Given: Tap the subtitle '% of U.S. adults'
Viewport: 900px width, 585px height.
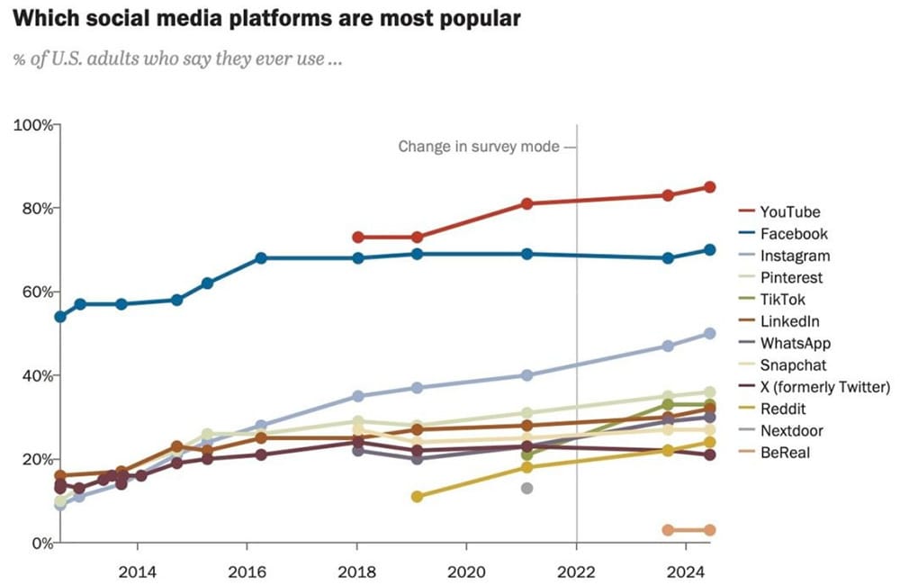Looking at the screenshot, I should [x=178, y=60].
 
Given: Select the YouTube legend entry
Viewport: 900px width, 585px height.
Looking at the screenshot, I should [x=789, y=212].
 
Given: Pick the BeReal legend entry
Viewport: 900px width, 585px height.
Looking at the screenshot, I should [x=784, y=453].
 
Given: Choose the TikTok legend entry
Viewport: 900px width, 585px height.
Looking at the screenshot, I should [x=783, y=300].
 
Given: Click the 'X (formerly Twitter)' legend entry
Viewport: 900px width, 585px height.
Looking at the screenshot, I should [x=824, y=387].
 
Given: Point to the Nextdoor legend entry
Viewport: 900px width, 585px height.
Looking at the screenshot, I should [x=791, y=431].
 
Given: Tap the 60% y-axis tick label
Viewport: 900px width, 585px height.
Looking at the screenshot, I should [x=35, y=292].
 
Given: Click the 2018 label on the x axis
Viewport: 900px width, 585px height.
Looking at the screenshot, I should [x=357, y=570].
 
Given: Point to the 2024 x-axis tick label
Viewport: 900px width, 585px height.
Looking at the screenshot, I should [x=686, y=570].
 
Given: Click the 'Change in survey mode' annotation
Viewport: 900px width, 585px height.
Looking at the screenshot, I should [x=481, y=146].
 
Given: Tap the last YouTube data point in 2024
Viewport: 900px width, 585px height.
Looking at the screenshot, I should [x=709, y=187].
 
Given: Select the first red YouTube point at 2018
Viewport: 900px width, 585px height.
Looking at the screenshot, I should [x=358, y=237].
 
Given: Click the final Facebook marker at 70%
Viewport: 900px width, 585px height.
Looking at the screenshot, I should [x=709, y=250].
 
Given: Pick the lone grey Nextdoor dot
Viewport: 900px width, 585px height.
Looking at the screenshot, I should [x=527, y=488].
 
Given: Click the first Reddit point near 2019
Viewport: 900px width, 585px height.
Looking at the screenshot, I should [x=417, y=496].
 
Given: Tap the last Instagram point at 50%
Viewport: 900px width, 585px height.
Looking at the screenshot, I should [x=709, y=333].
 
